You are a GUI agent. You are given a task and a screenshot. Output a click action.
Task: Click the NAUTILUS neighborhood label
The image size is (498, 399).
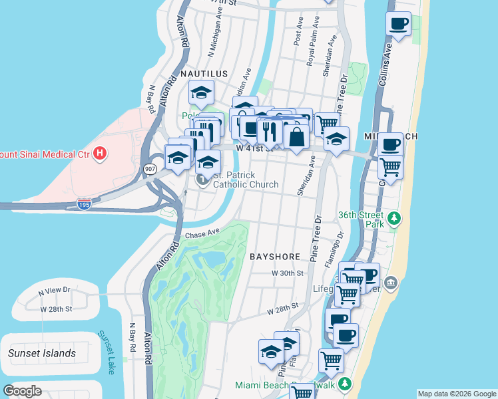[x=202, y=74]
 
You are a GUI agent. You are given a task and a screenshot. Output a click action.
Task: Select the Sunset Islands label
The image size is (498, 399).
[x=42, y=353]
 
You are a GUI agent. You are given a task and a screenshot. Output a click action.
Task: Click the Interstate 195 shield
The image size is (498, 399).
[x=85, y=203]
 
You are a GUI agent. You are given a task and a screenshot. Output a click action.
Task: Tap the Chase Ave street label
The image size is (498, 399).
[x=202, y=234]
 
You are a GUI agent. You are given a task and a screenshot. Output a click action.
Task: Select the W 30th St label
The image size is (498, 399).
[x=288, y=273]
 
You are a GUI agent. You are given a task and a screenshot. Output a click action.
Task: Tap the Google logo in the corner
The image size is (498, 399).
[x=22, y=390]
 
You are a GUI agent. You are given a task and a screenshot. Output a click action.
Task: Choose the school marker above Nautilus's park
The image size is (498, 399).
[x=200, y=93]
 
